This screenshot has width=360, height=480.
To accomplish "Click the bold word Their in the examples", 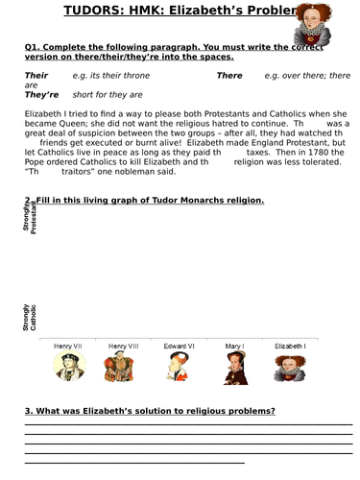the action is [36, 74].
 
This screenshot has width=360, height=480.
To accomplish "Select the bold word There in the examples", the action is [229, 74].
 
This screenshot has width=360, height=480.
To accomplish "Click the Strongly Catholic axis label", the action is [30, 318].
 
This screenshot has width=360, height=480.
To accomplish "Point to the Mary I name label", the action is [236, 346].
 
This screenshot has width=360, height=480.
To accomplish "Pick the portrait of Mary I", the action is [236, 369].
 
